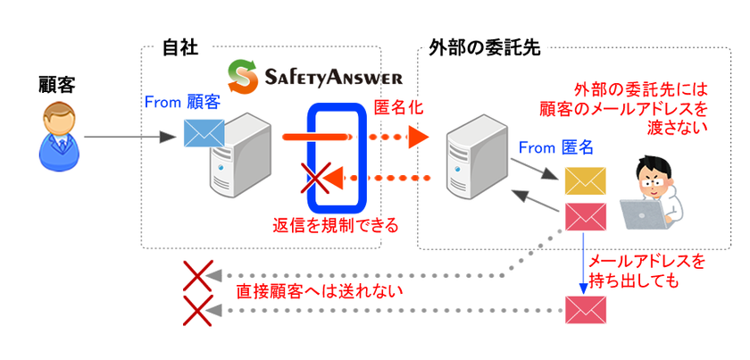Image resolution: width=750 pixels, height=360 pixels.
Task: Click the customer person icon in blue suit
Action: pos(59,138)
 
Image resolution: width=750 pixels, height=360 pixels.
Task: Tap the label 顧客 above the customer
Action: pos(57,86)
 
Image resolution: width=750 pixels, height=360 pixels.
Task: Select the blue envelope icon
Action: pos(204,133)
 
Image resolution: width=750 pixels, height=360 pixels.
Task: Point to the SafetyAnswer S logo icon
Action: pos(243,76)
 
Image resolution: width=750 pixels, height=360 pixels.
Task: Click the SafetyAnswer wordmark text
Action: pos(334,77)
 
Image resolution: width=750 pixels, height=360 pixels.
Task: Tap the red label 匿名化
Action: pos(398,109)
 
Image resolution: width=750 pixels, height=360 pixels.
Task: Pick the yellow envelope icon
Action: pos(586,181)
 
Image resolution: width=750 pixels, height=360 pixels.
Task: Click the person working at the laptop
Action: pos(659,189)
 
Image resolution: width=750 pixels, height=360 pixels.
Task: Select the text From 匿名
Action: pos(555,148)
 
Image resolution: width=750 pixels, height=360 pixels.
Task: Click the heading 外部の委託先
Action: pos(479,48)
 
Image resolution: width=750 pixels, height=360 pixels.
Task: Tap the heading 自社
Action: pos(179,48)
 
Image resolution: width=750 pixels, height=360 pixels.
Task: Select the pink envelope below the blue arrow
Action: pos(586,310)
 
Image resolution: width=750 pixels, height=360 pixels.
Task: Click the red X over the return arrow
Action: pos(316,178)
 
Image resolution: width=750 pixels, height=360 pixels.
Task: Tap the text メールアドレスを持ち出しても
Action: pos(646,271)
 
